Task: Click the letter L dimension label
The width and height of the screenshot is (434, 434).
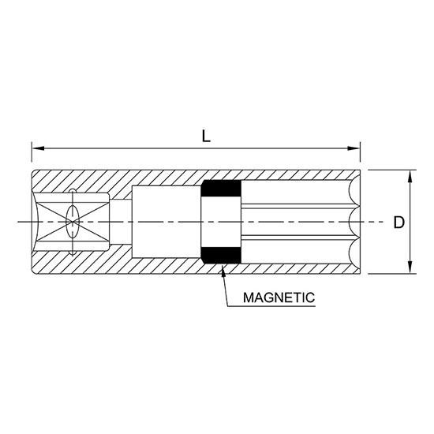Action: tap(206, 137)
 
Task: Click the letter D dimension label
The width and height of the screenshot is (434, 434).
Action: tap(398, 223)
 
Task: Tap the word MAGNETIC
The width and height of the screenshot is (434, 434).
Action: tap(279, 297)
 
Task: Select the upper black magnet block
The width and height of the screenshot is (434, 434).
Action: tap(221, 189)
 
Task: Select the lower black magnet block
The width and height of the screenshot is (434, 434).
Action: tap(221, 255)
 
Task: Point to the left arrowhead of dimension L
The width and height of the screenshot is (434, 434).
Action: tap(38, 148)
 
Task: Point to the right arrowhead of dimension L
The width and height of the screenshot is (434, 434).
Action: tap(354, 148)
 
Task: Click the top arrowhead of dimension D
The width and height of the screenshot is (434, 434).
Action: tap(410, 176)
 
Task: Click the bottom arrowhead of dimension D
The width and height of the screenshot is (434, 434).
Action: tap(410, 268)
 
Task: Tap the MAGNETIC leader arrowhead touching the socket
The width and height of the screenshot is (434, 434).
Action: tap(223, 270)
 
